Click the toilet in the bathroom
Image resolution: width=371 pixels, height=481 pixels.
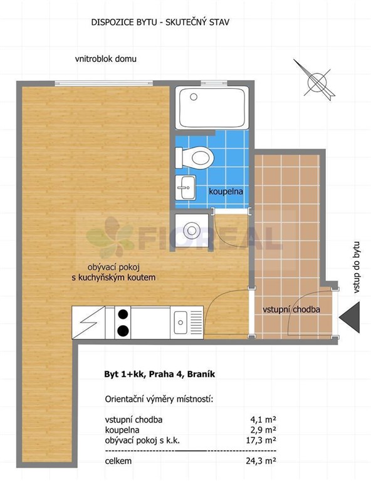click(194, 158)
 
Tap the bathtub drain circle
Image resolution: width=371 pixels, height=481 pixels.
click(194, 97)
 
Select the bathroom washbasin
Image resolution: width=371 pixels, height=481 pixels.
click(185, 187)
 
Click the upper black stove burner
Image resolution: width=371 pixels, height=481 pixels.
click(123, 314)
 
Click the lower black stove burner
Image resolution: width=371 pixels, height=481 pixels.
click(123, 331)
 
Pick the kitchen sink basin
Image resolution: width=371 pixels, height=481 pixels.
click(180, 323)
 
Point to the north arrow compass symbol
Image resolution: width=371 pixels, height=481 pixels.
click(315, 80)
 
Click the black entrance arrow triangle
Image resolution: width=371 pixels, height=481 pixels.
click(349, 317)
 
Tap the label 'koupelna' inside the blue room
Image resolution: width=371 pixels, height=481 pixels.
click(226, 192)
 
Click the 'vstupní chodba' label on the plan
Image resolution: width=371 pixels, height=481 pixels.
click(291, 309)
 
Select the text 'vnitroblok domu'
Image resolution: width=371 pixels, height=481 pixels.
click(106, 59)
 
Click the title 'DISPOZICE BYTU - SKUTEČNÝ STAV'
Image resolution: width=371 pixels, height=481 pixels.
click(160, 22)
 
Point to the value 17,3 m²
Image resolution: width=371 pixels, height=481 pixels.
click(261, 440)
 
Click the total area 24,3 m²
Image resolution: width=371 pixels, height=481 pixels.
click(261, 461)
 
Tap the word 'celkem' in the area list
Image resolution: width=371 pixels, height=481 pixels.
click(118, 461)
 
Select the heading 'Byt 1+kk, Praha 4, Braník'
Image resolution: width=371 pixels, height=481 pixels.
click(160, 375)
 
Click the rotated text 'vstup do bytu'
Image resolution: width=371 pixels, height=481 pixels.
click(356, 267)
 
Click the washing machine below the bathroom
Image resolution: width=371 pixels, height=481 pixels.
click(192, 230)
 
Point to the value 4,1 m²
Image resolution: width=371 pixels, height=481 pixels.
click(263, 420)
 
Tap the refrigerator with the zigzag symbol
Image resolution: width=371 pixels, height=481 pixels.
click(88, 323)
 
